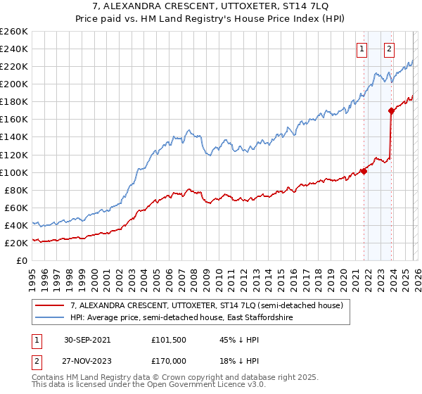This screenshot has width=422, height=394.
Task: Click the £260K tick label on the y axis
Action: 13,32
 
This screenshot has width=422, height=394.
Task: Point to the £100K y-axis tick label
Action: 13,172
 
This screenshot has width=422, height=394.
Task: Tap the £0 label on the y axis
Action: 21,260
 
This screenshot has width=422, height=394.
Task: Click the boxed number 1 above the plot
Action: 362,49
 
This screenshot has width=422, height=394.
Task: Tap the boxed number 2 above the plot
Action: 389,49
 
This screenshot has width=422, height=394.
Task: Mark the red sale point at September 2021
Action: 364,171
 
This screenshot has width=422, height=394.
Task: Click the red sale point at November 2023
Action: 390,110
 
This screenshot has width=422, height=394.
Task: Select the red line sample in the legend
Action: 50,306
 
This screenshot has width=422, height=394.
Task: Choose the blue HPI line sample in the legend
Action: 50,318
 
